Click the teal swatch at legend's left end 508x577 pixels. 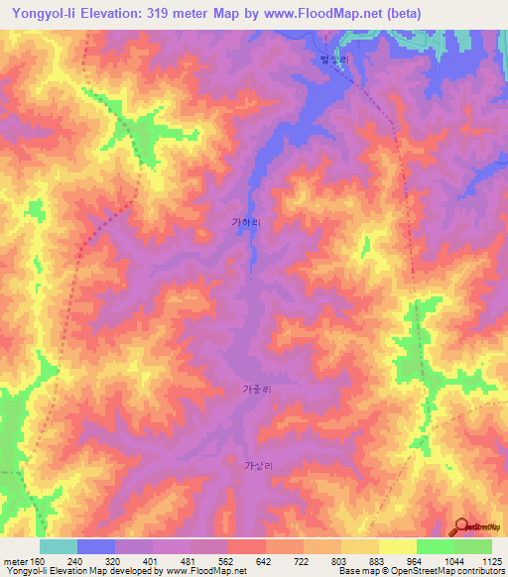point(59,545)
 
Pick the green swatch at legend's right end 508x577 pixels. point(472,545)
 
